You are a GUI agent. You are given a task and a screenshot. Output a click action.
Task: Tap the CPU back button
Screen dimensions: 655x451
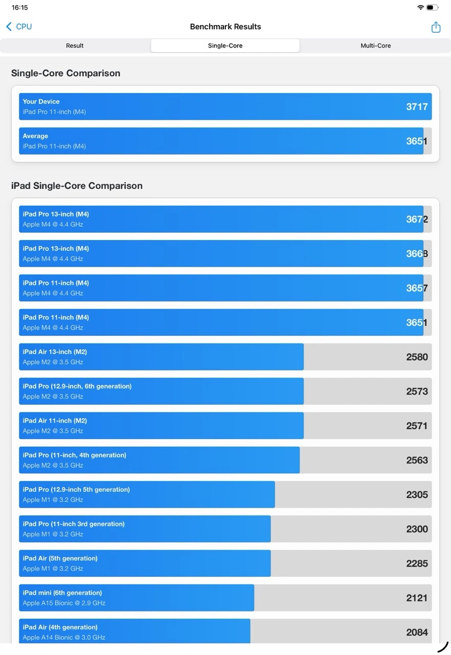(x=19, y=27)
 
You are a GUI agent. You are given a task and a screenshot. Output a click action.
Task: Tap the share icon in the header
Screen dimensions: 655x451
(x=436, y=27)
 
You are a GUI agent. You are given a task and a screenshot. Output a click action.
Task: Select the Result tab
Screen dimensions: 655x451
(x=75, y=46)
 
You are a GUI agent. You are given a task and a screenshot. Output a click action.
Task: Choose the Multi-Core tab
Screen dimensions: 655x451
(x=375, y=46)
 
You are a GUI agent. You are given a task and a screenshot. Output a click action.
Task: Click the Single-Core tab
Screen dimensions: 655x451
(x=225, y=46)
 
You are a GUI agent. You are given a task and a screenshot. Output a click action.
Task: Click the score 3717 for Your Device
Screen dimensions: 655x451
(x=417, y=106)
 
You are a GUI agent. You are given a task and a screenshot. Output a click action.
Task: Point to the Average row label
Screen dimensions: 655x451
(x=35, y=136)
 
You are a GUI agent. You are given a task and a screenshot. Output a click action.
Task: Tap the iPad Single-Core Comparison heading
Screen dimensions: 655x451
(x=77, y=186)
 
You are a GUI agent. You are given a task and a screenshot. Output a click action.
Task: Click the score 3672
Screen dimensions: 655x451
(x=417, y=219)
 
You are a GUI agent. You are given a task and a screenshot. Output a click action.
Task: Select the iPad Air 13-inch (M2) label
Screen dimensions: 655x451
(x=55, y=352)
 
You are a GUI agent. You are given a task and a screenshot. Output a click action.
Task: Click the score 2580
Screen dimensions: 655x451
(x=417, y=357)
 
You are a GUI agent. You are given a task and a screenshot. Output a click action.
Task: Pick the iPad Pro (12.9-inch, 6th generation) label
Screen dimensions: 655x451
(x=77, y=386)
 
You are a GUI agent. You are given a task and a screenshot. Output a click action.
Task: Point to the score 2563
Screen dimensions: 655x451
(x=417, y=460)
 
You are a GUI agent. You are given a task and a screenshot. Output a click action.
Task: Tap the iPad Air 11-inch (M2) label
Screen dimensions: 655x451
(x=55, y=421)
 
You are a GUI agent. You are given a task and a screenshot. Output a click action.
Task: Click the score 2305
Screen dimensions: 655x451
(x=417, y=494)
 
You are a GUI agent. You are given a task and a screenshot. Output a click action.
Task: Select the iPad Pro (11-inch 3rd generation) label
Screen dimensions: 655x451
(x=74, y=524)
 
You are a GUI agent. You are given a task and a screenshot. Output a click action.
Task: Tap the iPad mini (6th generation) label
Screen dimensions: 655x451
(x=62, y=593)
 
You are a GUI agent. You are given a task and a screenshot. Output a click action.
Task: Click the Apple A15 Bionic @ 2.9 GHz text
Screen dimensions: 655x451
(x=64, y=603)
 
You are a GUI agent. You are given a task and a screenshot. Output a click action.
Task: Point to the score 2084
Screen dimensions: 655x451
(x=417, y=632)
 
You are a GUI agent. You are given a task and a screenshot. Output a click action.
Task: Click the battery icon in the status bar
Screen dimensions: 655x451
(x=433, y=8)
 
